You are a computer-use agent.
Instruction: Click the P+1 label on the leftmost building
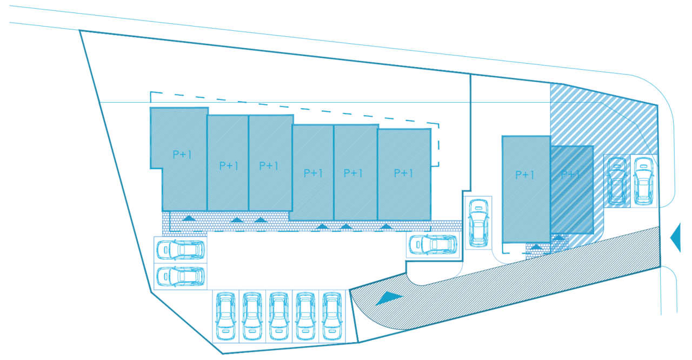tap(182, 154)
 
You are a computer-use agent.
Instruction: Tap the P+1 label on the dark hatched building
tap(570, 175)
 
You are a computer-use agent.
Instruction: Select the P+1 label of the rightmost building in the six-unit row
tap(403, 173)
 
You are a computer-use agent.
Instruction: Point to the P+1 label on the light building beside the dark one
tap(524, 175)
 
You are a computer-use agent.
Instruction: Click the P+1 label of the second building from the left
tap(229, 166)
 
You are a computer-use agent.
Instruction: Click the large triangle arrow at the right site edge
tap(676, 238)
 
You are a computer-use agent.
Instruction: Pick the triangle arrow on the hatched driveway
tap(389, 298)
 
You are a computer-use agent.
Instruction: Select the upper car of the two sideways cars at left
tap(181, 250)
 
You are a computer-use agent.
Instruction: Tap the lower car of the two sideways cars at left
tap(181, 276)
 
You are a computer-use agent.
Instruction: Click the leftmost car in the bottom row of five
tap(226, 316)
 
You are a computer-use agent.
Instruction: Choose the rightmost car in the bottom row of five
tap(332, 316)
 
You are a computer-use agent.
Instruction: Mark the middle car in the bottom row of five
tap(279, 316)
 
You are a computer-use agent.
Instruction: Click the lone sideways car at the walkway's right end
tap(433, 244)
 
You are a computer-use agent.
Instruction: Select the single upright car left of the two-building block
tap(478, 223)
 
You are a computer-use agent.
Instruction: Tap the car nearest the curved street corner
tap(643, 181)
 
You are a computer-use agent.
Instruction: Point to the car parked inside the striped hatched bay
tap(617, 181)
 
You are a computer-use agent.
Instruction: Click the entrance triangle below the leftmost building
tap(189, 218)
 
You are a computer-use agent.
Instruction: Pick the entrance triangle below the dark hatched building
tap(558, 237)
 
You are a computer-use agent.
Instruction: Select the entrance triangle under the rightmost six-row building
tap(385, 226)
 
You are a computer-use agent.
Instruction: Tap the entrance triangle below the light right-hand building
tap(536, 246)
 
